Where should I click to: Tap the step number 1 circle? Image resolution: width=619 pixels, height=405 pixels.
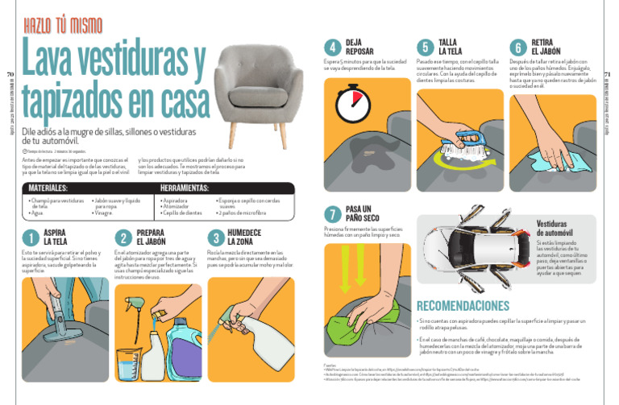point(30,238)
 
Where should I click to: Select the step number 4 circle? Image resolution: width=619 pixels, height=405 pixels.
point(331,47)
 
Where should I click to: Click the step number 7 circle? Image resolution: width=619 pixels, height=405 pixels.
point(331,213)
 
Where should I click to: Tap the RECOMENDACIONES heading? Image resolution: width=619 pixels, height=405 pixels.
point(463,306)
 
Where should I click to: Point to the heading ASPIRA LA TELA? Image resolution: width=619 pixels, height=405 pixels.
point(56,238)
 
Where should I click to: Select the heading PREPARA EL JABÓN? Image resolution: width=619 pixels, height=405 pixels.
point(151,238)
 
